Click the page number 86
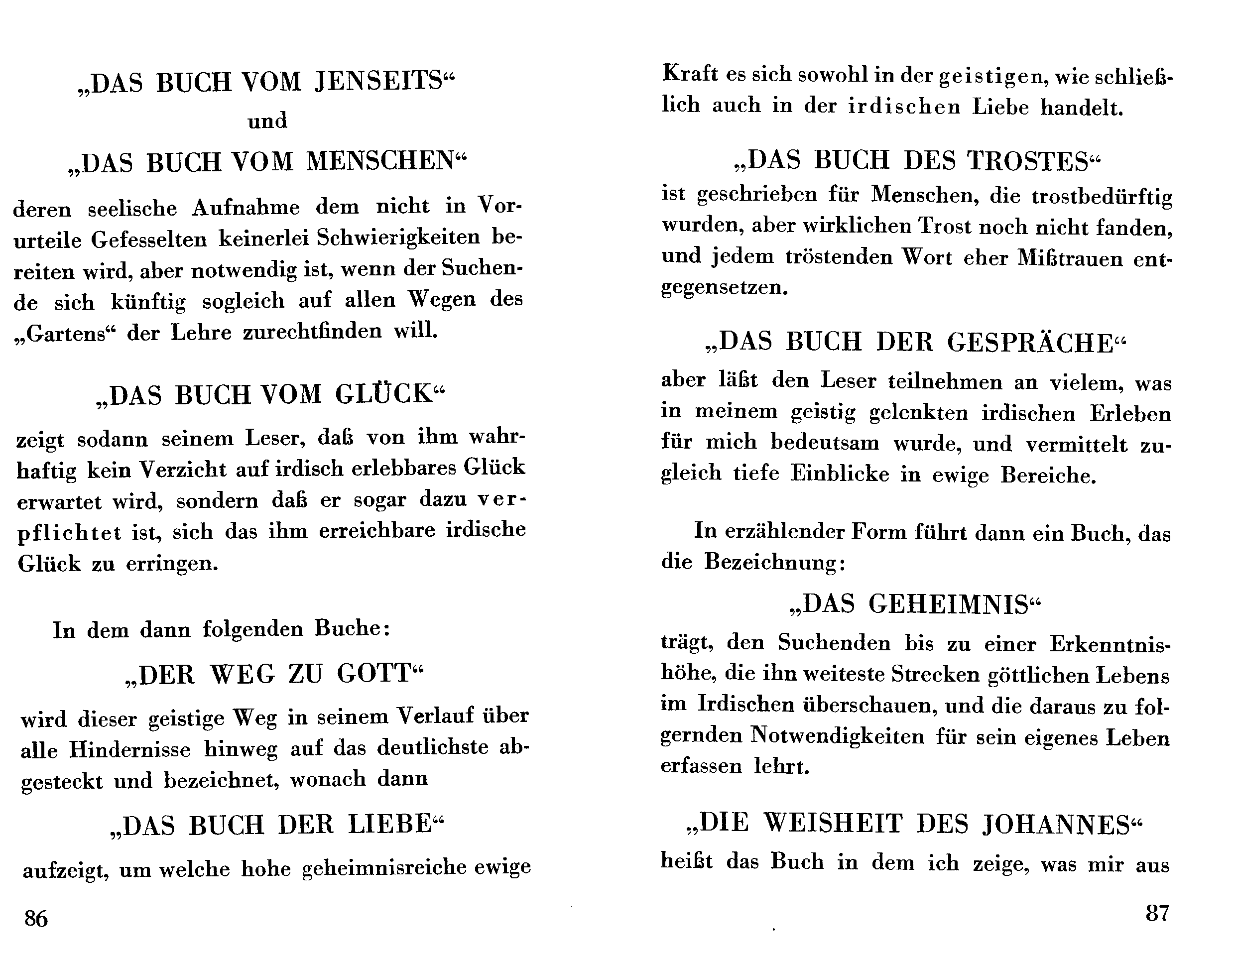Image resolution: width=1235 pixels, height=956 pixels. tap(36, 919)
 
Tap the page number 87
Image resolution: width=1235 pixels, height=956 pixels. tap(1157, 913)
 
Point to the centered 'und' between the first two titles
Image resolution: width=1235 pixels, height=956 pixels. tap(267, 121)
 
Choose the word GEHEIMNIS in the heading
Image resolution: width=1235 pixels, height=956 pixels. tap(948, 604)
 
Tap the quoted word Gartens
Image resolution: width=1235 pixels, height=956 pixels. tap(67, 334)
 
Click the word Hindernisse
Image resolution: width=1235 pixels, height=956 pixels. tap(130, 750)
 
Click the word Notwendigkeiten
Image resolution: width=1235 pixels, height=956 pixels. tap(838, 735)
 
